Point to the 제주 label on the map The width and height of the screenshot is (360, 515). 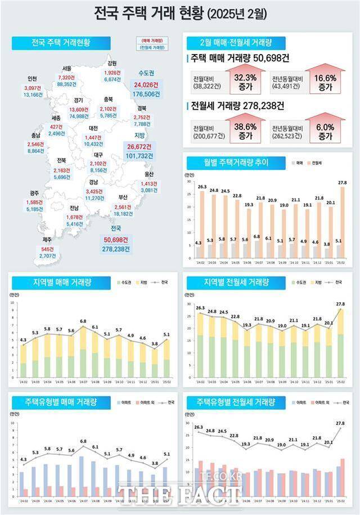[48, 240]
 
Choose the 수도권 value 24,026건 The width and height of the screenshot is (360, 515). [146, 84]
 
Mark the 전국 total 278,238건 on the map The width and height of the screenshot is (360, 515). [116, 248]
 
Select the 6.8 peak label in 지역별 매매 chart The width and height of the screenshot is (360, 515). [83, 321]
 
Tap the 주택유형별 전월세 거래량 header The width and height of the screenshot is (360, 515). [236, 402]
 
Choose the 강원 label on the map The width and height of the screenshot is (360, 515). [112, 64]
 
